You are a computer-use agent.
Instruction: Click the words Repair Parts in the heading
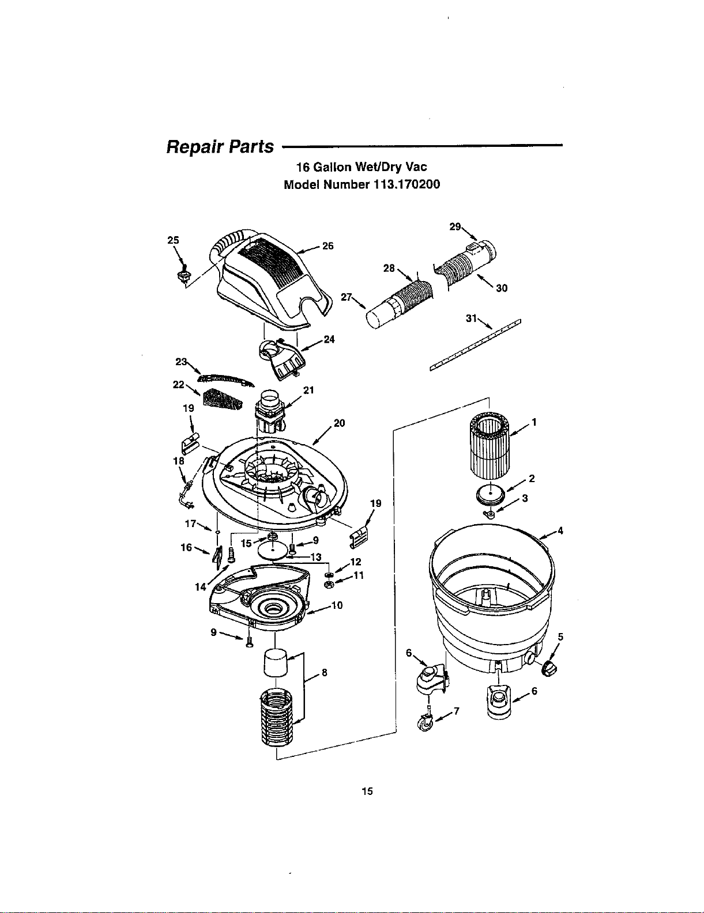(220, 147)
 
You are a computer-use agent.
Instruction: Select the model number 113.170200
(406, 185)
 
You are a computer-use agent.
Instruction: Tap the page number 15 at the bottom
(367, 791)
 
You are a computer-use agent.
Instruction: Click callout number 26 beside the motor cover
(328, 246)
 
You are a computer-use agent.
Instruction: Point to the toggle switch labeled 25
(184, 274)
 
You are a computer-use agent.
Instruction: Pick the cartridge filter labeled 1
(489, 446)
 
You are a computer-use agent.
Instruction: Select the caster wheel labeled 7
(425, 724)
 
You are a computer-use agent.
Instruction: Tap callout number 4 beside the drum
(560, 531)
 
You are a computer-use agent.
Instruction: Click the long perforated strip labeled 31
(475, 345)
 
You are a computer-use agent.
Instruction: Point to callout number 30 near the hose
(502, 288)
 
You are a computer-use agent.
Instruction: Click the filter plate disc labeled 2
(490, 495)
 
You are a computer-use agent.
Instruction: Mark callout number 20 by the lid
(340, 423)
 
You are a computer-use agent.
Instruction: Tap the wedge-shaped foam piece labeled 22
(223, 399)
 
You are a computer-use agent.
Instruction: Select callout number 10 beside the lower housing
(337, 605)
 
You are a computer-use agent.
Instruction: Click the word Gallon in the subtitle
(332, 167)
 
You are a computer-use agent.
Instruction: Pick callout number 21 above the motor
(309, 391)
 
